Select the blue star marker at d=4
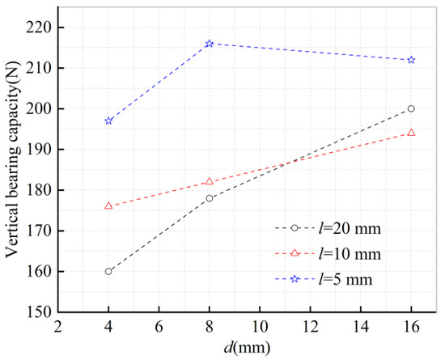108,121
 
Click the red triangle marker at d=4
108,205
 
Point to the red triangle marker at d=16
412,132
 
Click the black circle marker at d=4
108,271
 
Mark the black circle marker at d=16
412,108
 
